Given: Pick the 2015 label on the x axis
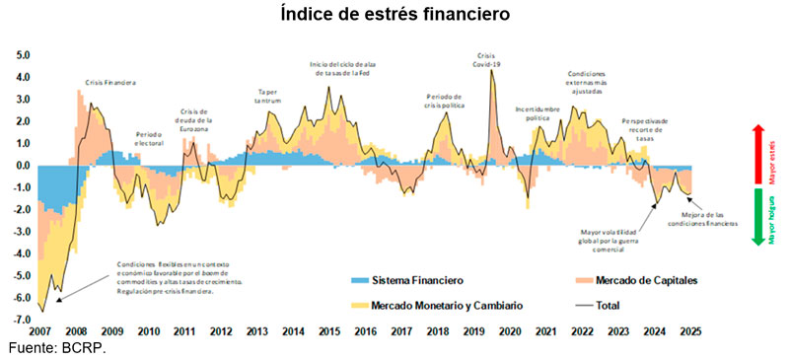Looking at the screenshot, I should click(x=328, y=332).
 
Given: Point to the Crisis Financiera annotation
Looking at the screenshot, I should click(x=110, y=84).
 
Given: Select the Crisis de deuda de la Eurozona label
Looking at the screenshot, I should click(x=194, y=121).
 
